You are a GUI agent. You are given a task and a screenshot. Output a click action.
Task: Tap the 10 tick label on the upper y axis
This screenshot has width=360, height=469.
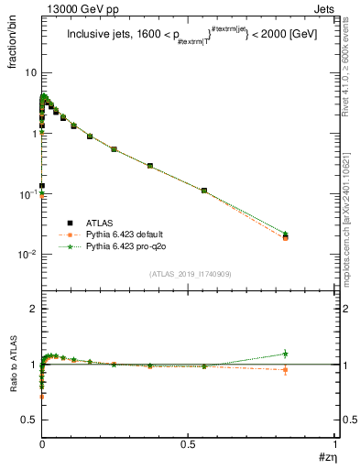[x=31, y=72]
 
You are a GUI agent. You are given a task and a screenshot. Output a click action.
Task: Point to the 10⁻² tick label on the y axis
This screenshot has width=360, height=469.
[x=28, y=255]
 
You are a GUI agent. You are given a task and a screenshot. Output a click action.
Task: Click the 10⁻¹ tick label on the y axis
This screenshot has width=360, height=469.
[x=28, y=194]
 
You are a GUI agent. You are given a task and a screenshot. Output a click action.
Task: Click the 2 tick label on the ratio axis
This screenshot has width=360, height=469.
[x=33, y=310]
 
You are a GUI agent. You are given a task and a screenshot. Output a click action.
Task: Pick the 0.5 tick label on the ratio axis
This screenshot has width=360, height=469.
[x=30, y=420]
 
